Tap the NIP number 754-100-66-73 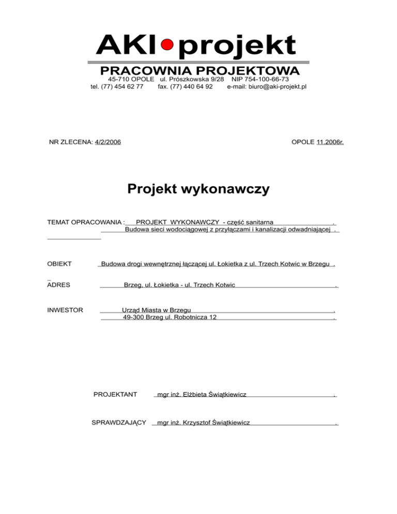(260, 79)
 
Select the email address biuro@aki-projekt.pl (267, 86)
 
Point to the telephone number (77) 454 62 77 (124, 86)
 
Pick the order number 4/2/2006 (108, 141)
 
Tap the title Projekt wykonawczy (198, 189)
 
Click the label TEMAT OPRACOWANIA (85, 222)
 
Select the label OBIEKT (59, 264)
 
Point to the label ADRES (58, 284)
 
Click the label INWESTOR (65, 310)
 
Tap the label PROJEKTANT (115, 395)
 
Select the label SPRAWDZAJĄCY (118, 422)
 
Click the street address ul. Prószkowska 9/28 (192, 79)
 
